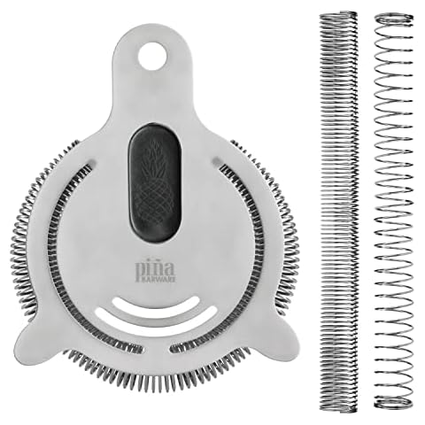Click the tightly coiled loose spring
337,212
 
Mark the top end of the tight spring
337,16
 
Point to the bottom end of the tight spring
337,407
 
